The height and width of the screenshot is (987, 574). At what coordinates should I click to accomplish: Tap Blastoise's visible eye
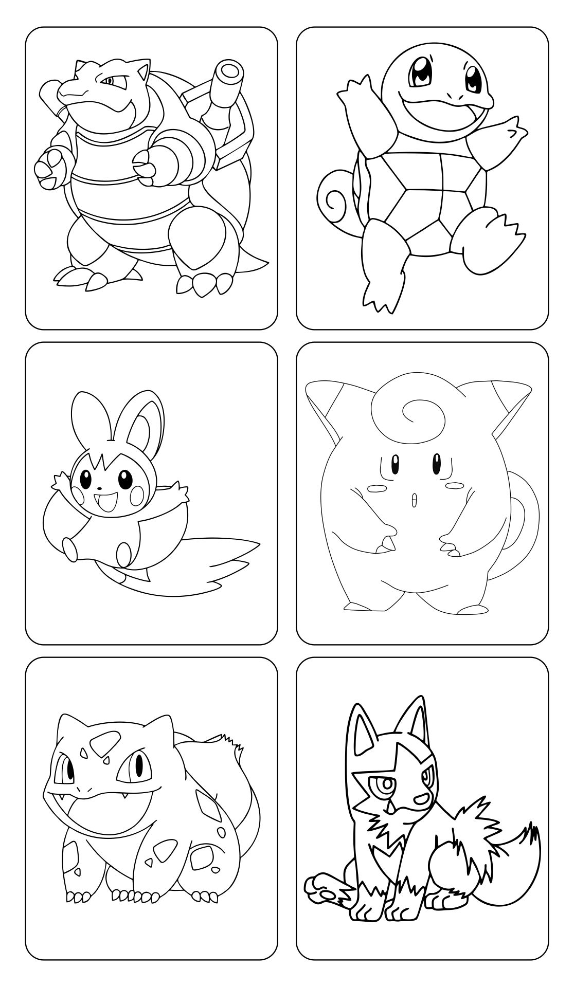(x=109, y=81)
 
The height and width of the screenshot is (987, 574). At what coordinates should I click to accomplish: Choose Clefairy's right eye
(x=437, y=463)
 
